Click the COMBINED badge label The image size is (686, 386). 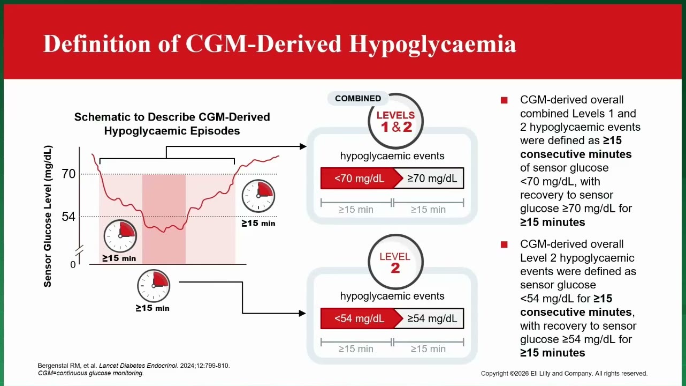[x=358, y=99]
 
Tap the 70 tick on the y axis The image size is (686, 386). [x=68, y=174]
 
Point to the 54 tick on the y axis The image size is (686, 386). [x=68, y=217]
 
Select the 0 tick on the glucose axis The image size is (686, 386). [x=73, y=264]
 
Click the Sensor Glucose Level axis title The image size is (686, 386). [x=48, y=216]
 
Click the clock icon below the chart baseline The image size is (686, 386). [x=154, y=286]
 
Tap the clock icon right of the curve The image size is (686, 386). [x=258, y=196]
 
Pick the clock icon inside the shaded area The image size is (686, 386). [x=120, y=236]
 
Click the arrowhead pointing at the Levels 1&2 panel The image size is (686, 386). [x=303, y=147]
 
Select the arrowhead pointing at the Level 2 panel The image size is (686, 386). [x=302, y=313]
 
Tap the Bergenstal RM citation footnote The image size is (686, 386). [x=134, y=366]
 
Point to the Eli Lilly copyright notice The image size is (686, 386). [x=564, y=374]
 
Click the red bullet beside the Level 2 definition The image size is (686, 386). [x=504, y=244]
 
